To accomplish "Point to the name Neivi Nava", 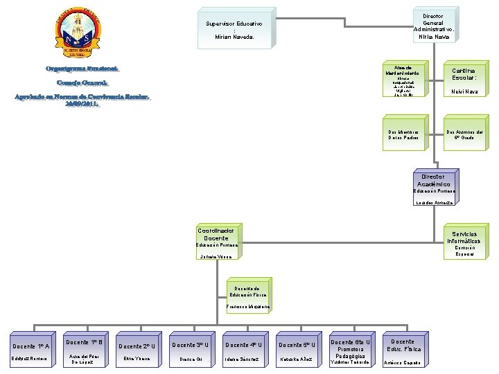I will (x=463, y=91).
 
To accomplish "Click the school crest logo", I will (x=73, y=34).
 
